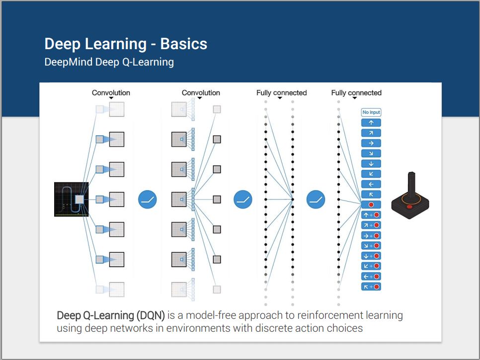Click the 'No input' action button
coord(371,113)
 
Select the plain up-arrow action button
coord(371,123)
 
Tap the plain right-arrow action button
coord(371,143)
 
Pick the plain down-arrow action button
coord(371,164)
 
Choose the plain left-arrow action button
coord(371,184)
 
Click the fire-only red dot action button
coord(371,205)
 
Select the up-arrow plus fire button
coord(371,215)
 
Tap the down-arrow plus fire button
coord(371,256)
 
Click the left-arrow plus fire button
coord(371,276)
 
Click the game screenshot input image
coord(71,199)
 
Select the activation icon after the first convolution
coord(148,200)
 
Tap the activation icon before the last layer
coord(316,200)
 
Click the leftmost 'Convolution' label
coord(111,93)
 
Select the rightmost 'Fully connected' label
coord(356,93)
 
